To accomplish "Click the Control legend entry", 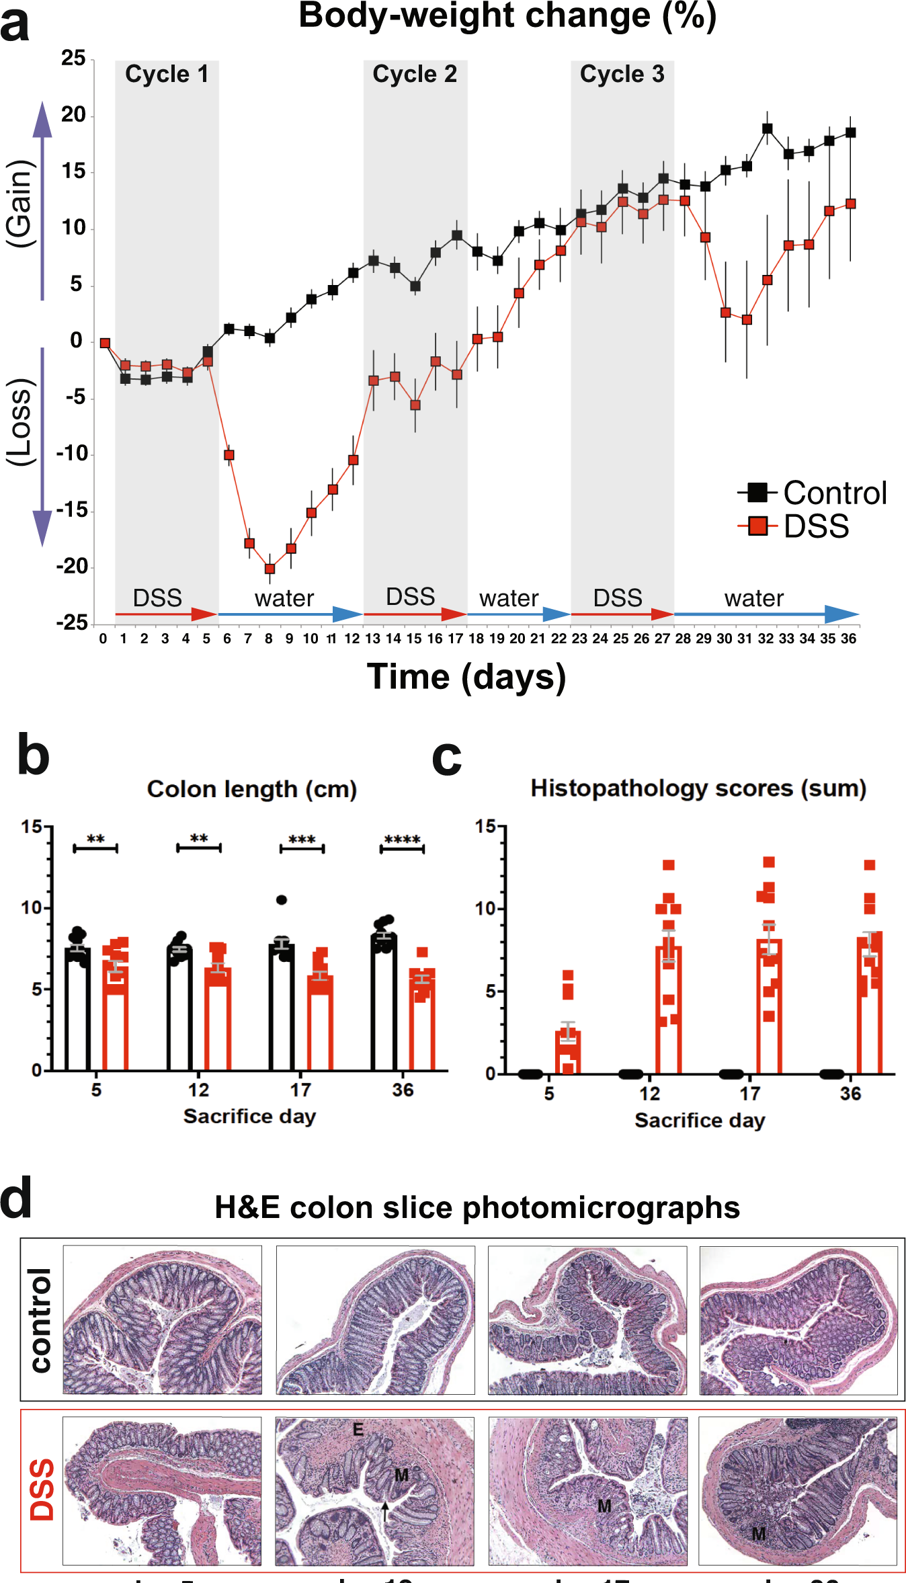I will (813, 493).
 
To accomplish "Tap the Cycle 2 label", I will (415, 74).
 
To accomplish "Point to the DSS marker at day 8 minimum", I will (270, 569).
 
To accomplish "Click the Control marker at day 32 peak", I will (767, 128).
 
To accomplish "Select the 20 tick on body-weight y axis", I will (74, 115).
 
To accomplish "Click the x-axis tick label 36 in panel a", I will (849, 639).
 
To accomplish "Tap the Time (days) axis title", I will (466, 676).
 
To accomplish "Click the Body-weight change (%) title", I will (507, 16).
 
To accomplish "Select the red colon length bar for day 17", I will (321, 1022).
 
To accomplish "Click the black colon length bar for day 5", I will (78, 1008).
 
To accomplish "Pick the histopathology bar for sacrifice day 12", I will (669, 1008).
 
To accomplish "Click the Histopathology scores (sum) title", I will (698, 788).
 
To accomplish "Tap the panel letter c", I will (446, 758).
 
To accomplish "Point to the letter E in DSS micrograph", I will (358, 1430).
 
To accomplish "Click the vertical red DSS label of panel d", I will (42, 1490).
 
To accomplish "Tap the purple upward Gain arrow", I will (42, 202).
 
